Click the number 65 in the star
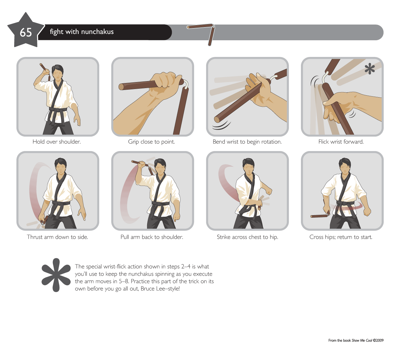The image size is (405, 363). tap(26, 32)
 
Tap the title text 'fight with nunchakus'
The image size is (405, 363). tap(82, 32)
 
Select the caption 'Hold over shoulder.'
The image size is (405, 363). tap(57, 142)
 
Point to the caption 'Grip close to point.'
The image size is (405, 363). tap(151, 142)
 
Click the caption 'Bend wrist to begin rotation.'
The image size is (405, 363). tap(247, 142)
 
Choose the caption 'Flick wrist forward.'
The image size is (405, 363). tap(341, 142)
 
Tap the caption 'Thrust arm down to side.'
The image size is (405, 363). tap(58, 237)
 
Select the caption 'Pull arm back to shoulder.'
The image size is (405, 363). tap(152, 237)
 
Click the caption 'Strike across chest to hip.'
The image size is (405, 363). tap(247, 237)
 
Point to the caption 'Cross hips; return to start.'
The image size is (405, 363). tap(341, 237)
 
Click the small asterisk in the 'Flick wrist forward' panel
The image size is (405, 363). tap(370, 69)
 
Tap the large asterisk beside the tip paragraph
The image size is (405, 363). tap(56, 275)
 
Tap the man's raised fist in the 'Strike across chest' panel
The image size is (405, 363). tap(269, 191)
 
